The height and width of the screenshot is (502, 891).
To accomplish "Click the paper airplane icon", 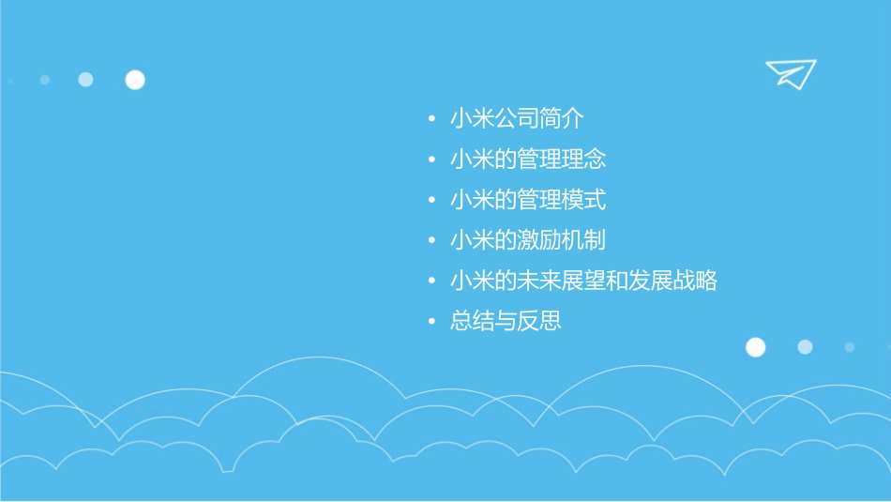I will tap(790, 73).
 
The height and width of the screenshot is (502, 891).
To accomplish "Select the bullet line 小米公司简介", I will tap(517, 119).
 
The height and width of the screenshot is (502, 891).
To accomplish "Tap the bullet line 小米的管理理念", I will tap(528, 160).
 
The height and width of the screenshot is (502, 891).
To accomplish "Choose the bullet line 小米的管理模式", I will tap(528, 200).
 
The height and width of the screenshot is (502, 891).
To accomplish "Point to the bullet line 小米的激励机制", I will tap(528, 240).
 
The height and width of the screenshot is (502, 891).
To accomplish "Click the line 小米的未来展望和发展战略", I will tap(583, 281).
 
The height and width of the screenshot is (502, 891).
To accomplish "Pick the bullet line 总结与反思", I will tap(506, 321).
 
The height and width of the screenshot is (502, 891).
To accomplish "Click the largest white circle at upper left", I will tap(135, 80).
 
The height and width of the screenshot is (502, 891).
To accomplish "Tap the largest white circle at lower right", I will tap(755, 347).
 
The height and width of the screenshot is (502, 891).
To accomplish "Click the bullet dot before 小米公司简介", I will tap(430, 119).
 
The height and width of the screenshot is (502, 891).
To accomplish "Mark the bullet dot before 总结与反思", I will tap(430, 321).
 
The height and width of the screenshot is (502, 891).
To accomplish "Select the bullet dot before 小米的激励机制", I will tap(430, 240).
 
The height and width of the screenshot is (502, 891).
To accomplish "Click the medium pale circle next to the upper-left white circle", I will tap(85, 80).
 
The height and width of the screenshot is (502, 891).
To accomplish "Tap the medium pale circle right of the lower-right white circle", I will tap(805, 347).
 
